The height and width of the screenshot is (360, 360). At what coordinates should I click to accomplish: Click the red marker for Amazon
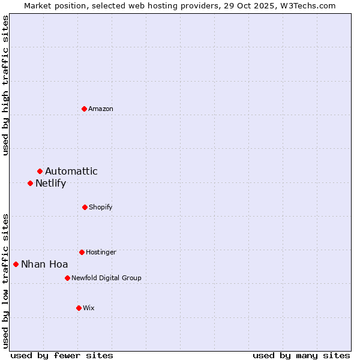[85, 109]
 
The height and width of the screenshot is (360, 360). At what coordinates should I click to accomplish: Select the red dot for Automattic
[40, 172]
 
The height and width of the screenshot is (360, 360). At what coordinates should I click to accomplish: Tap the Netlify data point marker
[31, 183]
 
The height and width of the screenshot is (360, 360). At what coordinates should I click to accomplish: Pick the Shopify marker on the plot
[85, 207]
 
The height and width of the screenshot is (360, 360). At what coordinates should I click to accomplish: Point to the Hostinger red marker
[82, 252]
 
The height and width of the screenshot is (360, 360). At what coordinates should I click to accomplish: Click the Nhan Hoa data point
[16, 264]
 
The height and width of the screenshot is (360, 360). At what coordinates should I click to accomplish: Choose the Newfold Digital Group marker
[67, 278]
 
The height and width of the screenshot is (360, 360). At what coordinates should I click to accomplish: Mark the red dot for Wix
[79, 308]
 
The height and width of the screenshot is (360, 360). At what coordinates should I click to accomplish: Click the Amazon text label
[101, 109]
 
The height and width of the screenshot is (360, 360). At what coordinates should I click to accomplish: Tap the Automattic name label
[71, 172]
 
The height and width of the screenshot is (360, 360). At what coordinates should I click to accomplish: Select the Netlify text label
[51, 183]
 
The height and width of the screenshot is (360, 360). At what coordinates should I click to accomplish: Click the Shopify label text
[101, 207]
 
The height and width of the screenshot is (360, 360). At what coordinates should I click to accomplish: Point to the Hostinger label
[101, 252]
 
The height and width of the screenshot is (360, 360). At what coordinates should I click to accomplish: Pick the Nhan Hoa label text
[44, 264]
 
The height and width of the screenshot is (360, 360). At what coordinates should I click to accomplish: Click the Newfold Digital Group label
[107, 278]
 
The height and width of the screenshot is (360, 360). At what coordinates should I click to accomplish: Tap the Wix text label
[89, 308]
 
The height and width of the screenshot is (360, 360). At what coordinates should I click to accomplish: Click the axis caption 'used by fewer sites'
[62, 355]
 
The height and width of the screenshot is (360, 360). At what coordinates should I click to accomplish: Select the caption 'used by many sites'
[301, 355]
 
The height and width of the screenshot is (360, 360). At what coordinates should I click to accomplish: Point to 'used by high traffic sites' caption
[6, 85]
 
